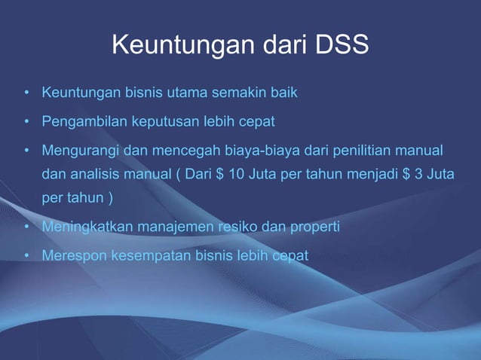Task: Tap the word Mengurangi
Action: point(81,148)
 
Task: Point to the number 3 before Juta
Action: point(416,175)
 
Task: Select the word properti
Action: point(314,227)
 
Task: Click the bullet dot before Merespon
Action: point(26,255)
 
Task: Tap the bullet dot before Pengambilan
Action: point(26,121)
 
